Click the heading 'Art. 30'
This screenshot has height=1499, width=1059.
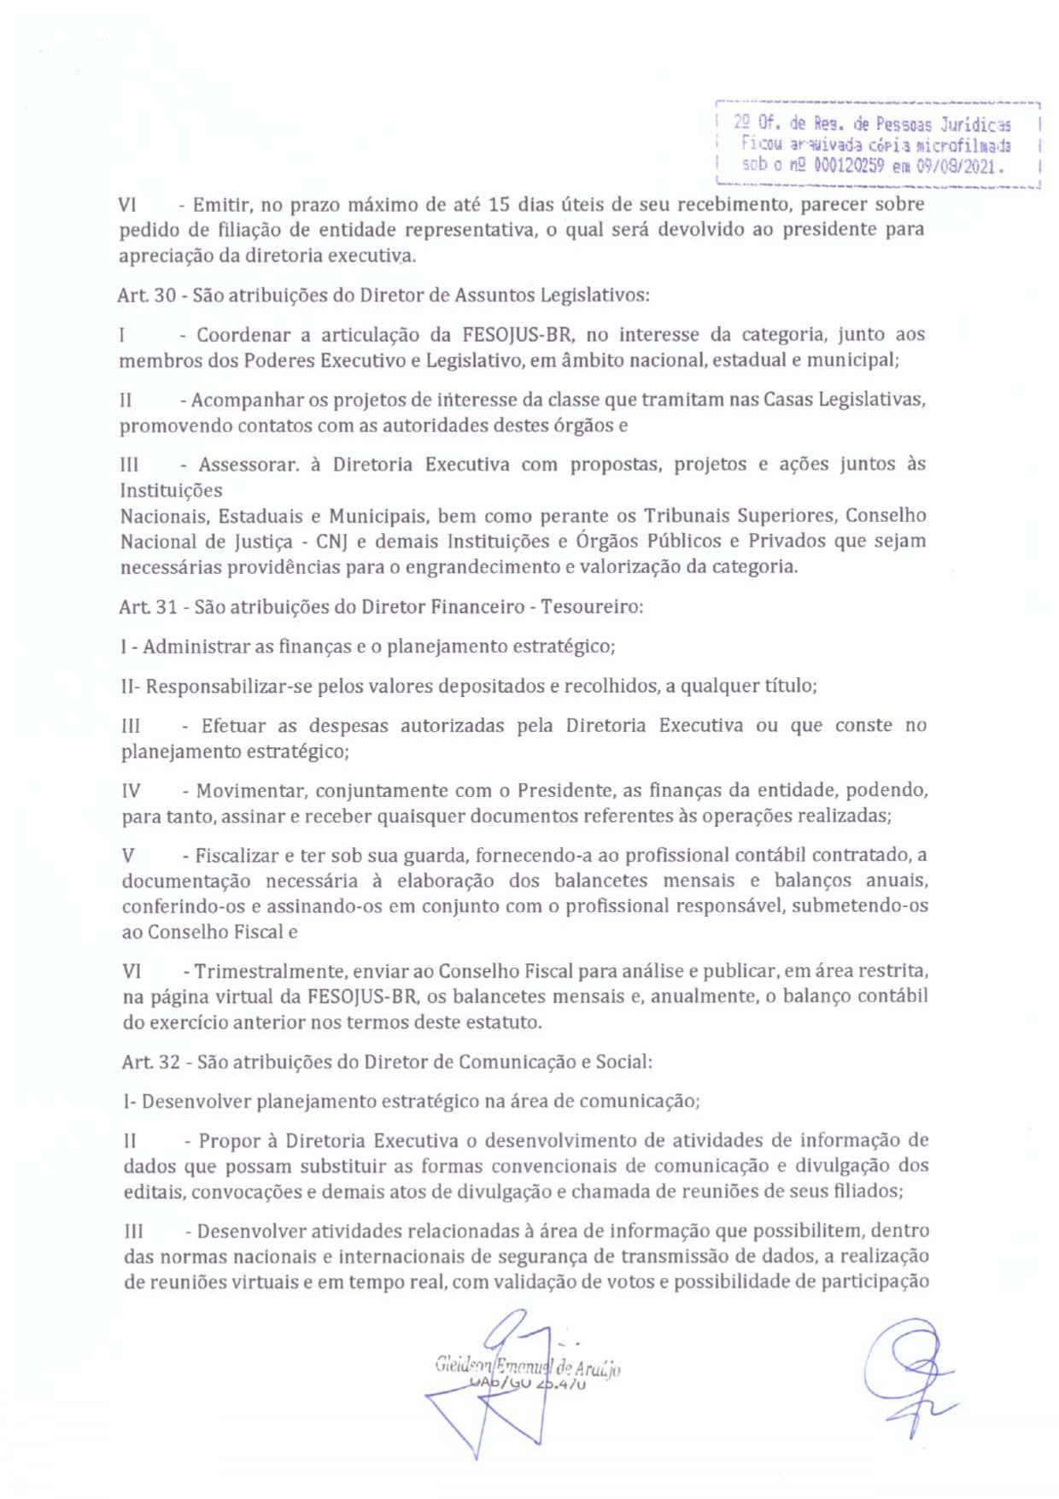point(146,296)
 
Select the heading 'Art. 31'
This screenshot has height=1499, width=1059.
point(148,607)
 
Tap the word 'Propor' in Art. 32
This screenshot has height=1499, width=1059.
point(226,1141)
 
